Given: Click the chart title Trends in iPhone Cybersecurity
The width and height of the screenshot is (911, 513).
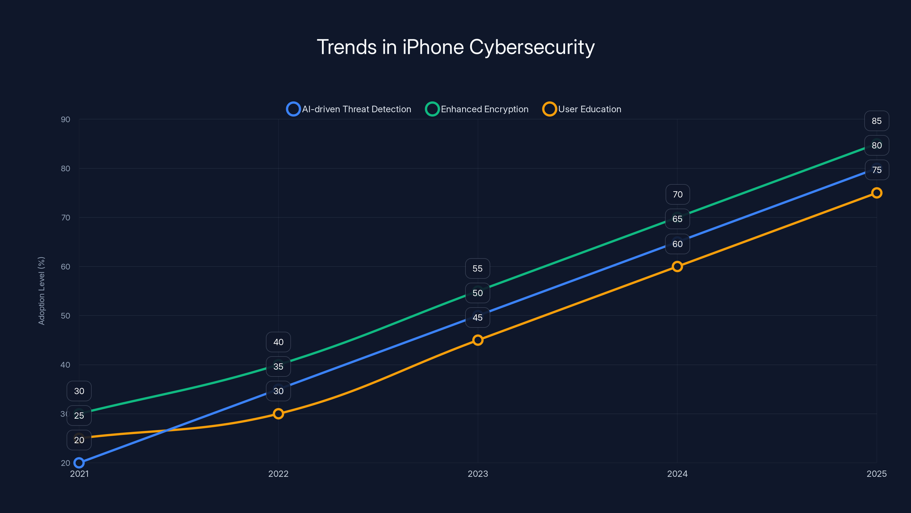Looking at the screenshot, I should (455, 47).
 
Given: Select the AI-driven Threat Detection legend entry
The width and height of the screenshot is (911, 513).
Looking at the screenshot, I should (349, 109).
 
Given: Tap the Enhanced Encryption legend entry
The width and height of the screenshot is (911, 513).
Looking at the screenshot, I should (477, 109).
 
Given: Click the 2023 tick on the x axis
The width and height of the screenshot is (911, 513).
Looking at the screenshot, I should (478, 474).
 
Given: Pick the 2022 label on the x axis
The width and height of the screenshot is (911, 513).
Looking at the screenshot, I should (278, 474).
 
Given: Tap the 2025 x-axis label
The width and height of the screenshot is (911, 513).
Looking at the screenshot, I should (876, 474).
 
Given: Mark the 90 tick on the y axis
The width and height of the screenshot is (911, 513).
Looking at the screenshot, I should (65, 119).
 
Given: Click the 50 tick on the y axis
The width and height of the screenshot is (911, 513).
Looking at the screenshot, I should (65, 315).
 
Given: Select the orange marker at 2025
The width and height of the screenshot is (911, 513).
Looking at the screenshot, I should (876, 193).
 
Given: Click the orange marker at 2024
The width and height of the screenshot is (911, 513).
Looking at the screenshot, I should (677, 266).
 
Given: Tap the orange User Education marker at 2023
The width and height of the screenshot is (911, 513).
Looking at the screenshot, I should (478, 340).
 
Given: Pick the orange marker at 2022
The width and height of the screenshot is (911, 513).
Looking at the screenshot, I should (278, 414).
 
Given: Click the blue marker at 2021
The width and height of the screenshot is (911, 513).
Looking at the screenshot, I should (79, 463).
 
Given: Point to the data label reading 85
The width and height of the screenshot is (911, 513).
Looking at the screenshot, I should (876, 121).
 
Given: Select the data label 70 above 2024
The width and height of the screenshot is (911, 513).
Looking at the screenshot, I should (678, 194).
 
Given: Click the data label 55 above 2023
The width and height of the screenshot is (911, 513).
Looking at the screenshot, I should (477, 269).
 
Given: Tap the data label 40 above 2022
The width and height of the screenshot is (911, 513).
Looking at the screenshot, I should (278, 342).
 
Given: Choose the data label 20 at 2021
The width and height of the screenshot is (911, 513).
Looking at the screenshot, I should (79, 440).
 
